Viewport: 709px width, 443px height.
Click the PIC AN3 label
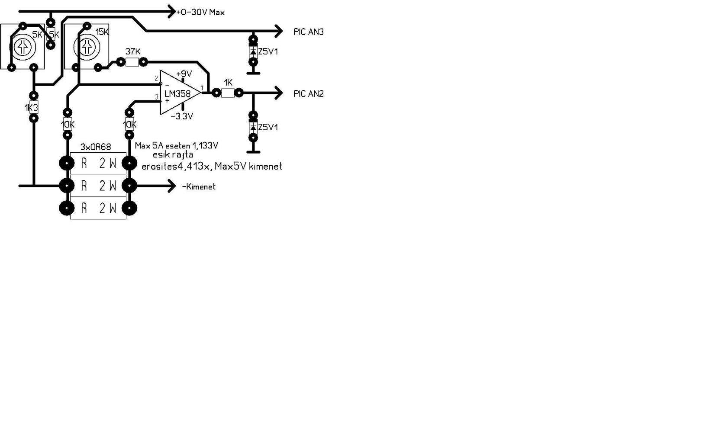(x=308, y=32)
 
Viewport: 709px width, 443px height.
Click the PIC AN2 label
(x=308, y=94)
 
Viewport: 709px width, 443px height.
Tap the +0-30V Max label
(x=200, y=13)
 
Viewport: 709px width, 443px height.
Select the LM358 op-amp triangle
(x=179, y=93)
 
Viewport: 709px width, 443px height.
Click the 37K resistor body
(x=132, y=62)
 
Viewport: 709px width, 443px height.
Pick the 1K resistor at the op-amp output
(x=228, y=93)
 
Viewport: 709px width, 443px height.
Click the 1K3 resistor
(x=33, y=107)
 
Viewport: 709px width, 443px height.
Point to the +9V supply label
(x=184, y=74)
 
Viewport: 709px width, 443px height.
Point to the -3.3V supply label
(x=182, y=116)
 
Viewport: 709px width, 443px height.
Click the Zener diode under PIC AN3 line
(x=253, y=51)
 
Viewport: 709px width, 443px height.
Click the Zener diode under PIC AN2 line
(x=253, y=127)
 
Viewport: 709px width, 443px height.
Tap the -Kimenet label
(x=199, y=187)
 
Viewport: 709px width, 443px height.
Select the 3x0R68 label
(x=96, y=147)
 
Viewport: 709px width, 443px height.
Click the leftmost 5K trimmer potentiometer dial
(x=23, y=47)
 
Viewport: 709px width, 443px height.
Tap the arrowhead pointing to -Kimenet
(x=171, y=186)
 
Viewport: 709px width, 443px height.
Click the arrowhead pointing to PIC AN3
(x=278, y=31)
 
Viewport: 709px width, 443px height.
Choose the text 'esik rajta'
(x=173, y=155)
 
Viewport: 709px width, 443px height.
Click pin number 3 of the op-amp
(x=157, y=97)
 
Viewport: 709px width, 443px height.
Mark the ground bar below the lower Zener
(x=253, y=152)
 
